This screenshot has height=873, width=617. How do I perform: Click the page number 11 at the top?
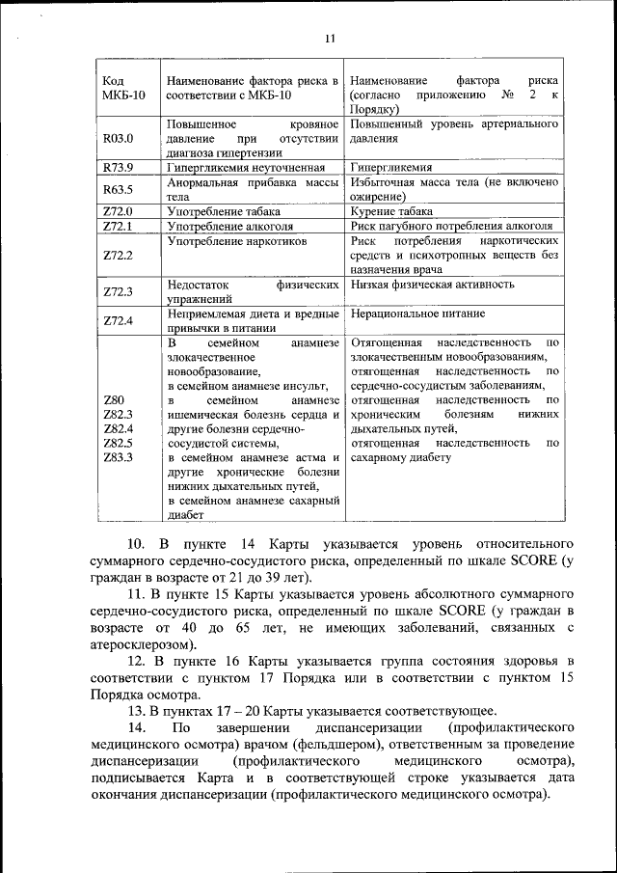coord(329,39)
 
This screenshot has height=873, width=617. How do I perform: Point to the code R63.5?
coord(118,188)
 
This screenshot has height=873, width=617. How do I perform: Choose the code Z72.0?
coord(118,210)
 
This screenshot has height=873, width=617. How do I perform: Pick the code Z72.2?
coord(118,255)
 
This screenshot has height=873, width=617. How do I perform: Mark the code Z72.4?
coord(118,320)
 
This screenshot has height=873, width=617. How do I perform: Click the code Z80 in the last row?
coord(113,399)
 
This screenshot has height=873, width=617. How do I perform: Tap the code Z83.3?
coord(118,456)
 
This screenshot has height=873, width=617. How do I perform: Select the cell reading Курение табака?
coord(391,210)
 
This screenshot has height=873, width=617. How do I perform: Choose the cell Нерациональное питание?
coord(417,314)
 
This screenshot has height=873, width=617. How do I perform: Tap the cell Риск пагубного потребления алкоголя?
coord(451,226)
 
